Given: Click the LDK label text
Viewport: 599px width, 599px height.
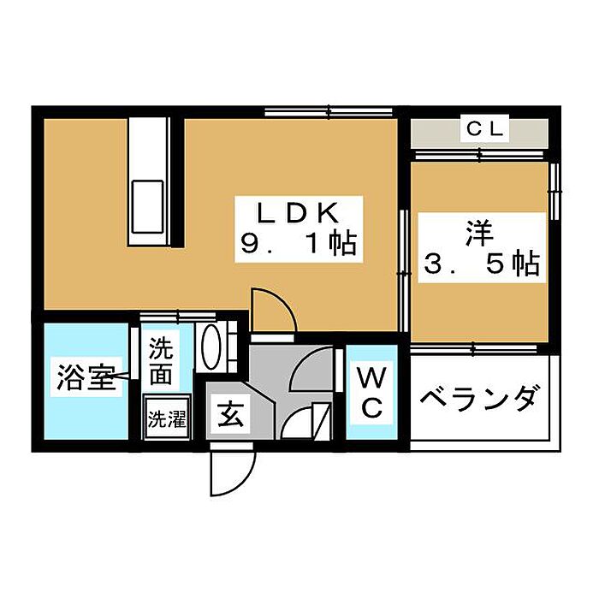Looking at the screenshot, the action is pyautogui.click(x=298, y=213).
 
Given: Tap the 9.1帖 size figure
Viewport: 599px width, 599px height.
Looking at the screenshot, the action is pyautogui.click(x=299, y=243).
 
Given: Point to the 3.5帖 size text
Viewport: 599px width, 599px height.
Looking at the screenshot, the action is pyautogui.click(x=481, y=264).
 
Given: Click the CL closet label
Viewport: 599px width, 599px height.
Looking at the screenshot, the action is pyautogui.click(x=485, y=129).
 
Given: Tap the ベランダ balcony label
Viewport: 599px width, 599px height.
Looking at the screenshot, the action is pyautogui.click(x=481, y=399).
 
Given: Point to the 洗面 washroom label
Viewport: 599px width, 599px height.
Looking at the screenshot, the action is pyautogui.click(x=161, y=361).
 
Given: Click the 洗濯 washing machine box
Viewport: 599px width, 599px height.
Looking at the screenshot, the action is pyautogui.click(x=167, y=418).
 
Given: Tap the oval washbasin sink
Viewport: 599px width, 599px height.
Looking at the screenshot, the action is pyautogui.click(x=211, y=347).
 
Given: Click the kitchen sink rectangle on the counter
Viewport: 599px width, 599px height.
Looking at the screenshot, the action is pyautogui.click(x=147, y=207).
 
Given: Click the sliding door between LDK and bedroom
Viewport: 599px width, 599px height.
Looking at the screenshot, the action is pyautogui.click(x=403, y=270).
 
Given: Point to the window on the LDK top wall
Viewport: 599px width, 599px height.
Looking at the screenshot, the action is pyautogui.click(x=329, y=112).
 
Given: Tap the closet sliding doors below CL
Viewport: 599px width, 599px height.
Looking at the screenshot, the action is pyautogui.click(x=479, y=155).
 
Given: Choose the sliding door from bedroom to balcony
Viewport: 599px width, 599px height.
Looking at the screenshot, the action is pyautogui.click(x=474, y=349).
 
